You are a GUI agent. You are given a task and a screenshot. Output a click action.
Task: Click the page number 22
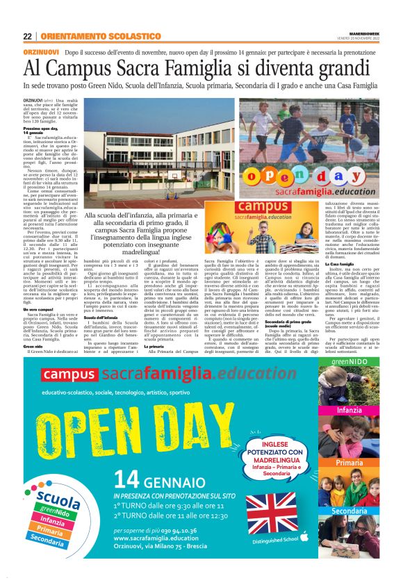(x=27, y=35)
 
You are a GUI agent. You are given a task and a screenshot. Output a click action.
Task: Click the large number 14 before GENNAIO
(x=129, y=479)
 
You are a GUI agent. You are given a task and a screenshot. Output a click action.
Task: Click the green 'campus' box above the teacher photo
(x=247, y=207)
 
